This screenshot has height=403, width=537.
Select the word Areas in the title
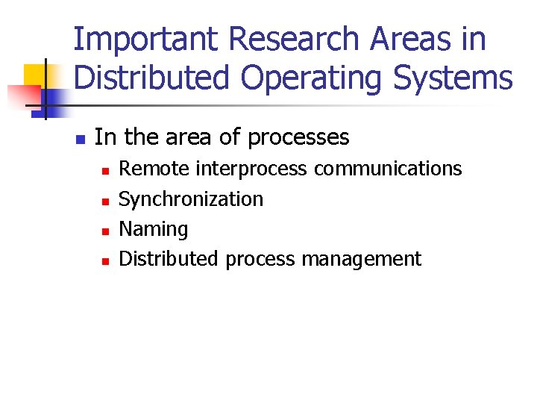click(x=395, y=39)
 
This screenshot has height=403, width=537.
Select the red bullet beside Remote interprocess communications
click(x=105, y=171)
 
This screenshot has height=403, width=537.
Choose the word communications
click(x=388, y=169)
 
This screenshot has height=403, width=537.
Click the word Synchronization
click(x=191, y=200)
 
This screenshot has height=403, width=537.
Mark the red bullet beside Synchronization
click(x=105, y=201)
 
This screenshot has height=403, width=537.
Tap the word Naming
click(x=154, y=230)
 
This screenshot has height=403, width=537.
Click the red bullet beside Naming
click(x=105, y=231)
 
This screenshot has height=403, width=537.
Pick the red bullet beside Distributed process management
click(x=105, y=261)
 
